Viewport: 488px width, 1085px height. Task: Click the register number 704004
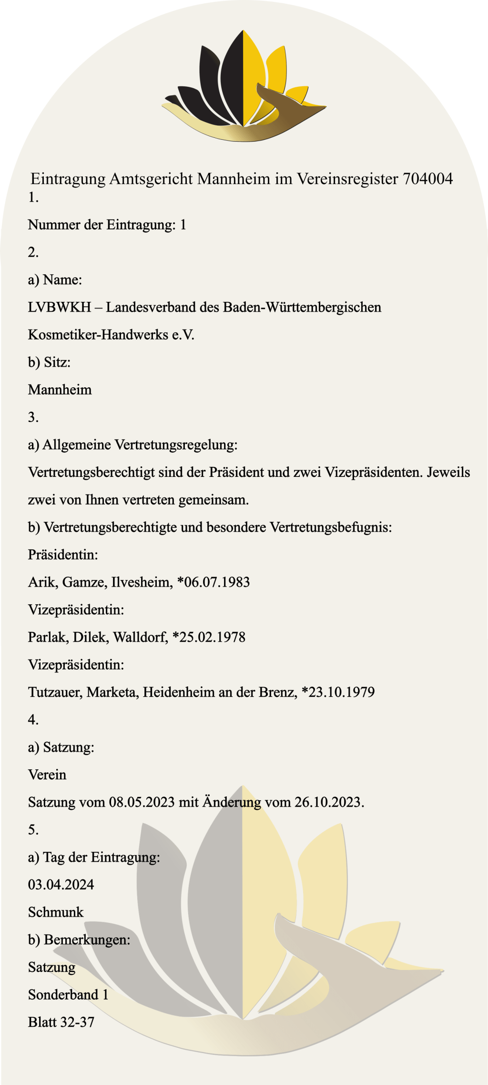click(427, 179)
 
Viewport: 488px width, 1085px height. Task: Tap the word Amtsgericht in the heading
click(152, 179)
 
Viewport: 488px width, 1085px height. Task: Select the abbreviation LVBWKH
click(59, 307)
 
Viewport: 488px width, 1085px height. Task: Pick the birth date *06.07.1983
click(213, 582)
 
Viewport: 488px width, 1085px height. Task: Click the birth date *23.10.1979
click(338, 692)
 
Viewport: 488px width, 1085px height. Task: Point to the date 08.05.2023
click(142, 802)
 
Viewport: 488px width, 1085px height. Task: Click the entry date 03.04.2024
click(61, 885)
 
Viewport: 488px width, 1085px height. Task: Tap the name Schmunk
click(56, 912)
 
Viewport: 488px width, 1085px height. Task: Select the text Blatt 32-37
click(61, 1022)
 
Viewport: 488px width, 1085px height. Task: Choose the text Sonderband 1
click(68, 995)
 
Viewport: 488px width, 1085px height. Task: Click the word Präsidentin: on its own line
click(63, 555)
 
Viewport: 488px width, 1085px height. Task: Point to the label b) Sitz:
click(49, 362)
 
